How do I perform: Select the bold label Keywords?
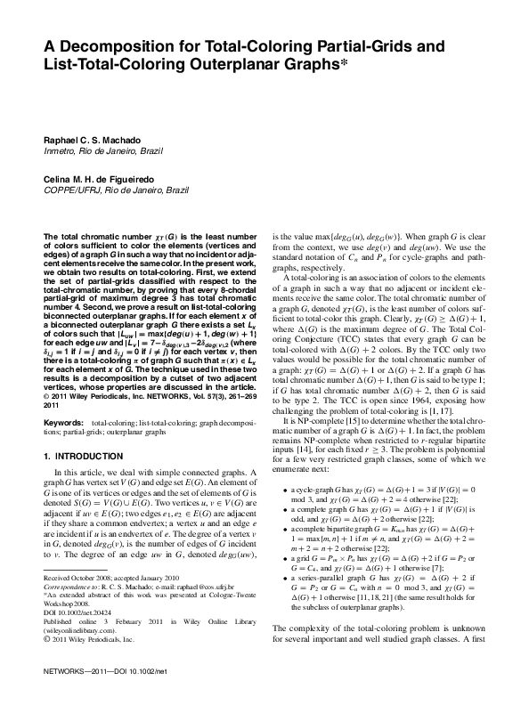(64, 421)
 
